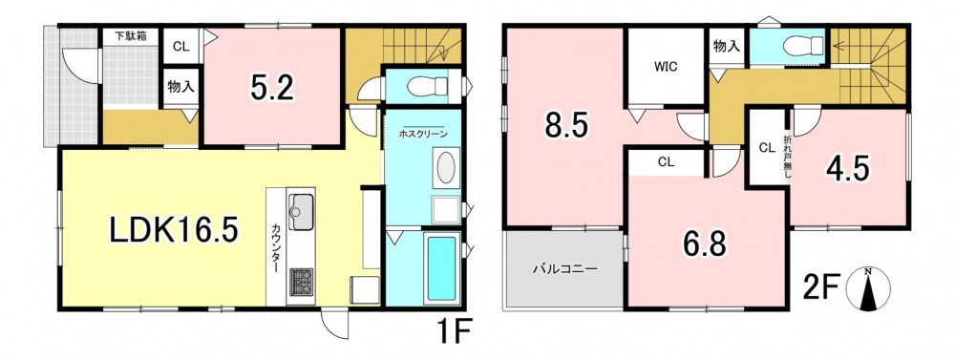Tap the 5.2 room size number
[272, 88]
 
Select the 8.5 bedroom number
[565, 127]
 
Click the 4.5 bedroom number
[847, 167]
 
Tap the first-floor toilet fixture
[428, 86]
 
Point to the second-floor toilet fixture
[803, 45]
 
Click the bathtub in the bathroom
[441, 268]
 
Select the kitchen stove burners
[301, 282]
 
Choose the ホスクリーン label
[423, 133]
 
